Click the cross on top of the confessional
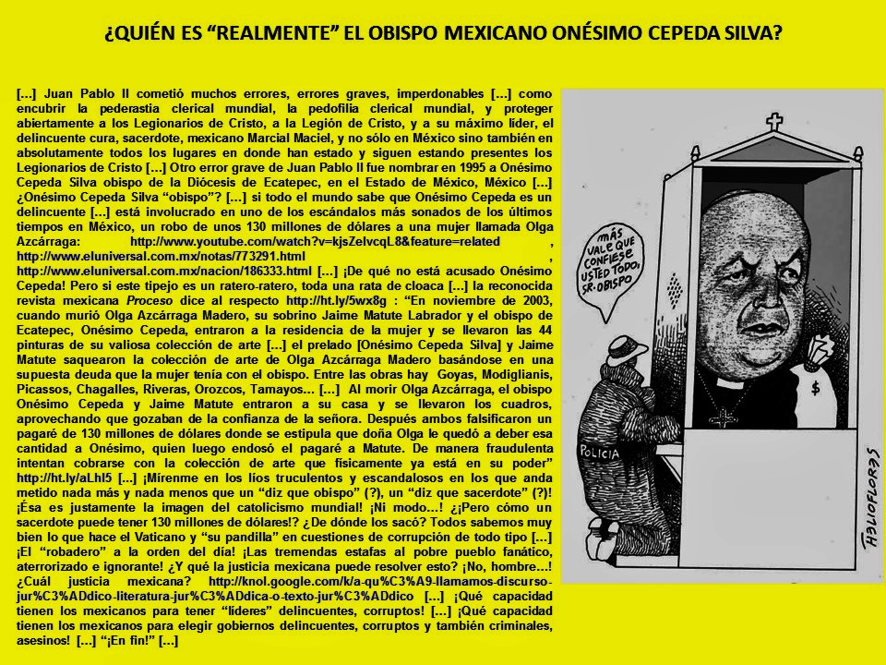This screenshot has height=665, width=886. (774, 121)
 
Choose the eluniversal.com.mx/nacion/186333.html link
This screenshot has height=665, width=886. (165, 272)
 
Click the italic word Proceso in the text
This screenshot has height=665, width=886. (145, 302)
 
